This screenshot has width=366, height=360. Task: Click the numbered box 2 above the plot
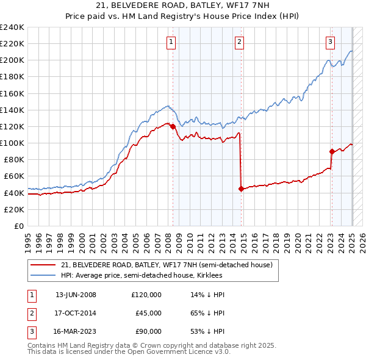click(239, 41)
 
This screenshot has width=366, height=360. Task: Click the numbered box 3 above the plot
click(329, 41)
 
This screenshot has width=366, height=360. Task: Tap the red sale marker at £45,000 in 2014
click(241, 189)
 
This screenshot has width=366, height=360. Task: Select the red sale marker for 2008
click(173, 127)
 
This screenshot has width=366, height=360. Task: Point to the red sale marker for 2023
click(332, 151)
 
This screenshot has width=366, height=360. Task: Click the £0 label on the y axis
click(20, 226)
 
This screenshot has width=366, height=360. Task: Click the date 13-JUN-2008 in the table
click(76, 295)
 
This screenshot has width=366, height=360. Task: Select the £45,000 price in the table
click(148, 313)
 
